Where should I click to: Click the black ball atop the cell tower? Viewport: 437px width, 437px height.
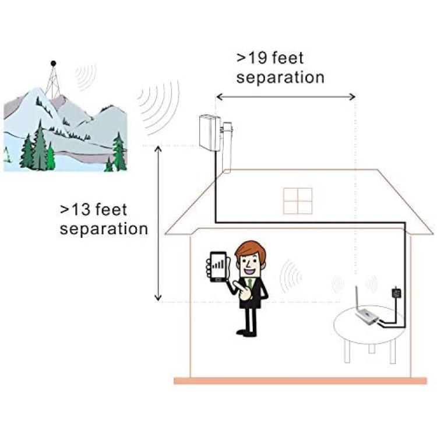54,64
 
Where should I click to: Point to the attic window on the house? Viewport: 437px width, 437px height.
298,201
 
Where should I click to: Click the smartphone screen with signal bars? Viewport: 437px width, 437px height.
218,266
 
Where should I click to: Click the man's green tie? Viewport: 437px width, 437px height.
250,283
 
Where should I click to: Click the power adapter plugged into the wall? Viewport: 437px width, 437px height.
396,292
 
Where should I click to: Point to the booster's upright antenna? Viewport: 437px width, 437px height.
357,299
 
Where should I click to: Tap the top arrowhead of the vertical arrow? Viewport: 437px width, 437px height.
158,149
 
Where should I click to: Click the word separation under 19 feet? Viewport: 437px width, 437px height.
280,77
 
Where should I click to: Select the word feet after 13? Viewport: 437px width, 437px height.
111,210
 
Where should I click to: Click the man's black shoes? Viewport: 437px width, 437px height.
246,333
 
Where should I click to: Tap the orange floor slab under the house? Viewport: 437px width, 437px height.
300,380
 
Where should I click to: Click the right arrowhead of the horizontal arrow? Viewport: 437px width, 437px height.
352,97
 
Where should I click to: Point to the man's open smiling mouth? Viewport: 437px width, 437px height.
248,270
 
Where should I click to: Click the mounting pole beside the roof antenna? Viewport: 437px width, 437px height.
227,147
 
